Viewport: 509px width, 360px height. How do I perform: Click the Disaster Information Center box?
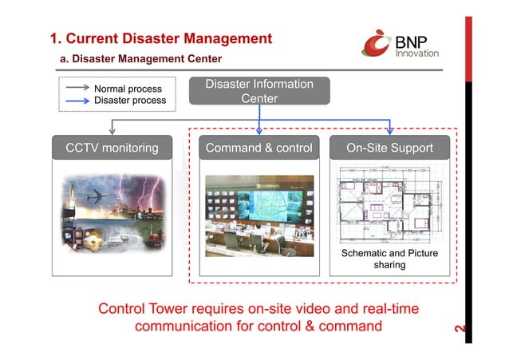(259, 91)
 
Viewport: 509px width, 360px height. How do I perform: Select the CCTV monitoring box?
(111, 148)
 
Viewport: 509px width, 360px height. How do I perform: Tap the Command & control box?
(258, 148)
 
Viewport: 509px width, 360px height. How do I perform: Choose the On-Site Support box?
(389, 148)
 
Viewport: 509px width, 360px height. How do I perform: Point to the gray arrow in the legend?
(77, 89)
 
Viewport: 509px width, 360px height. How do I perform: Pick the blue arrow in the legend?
(77, 101)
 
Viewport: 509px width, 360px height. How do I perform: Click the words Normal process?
(128, 89)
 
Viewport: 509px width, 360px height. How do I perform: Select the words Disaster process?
(130, 101)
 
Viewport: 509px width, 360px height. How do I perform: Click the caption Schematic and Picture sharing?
(389, 259)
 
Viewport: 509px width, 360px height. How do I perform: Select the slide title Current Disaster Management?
(160, 38)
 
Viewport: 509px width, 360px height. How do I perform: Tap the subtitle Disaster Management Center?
(140, 59)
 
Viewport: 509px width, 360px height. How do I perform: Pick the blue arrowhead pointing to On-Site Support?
(389, 132)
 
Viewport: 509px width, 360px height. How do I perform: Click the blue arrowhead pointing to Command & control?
(259, 132)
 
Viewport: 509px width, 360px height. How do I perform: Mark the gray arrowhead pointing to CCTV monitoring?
(111, 132)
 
